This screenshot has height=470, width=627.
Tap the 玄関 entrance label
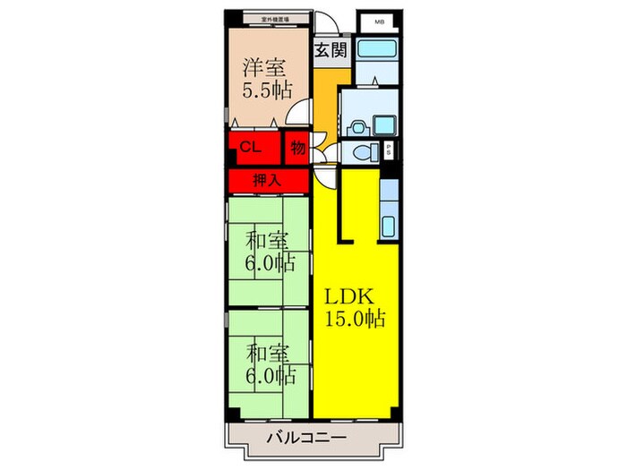point(330,51)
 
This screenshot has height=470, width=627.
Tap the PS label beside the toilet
point(389,151)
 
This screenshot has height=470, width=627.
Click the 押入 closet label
point(267,180)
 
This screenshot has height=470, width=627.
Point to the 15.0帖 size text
point(351,320)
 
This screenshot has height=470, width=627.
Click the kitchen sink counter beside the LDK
point(388,215)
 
